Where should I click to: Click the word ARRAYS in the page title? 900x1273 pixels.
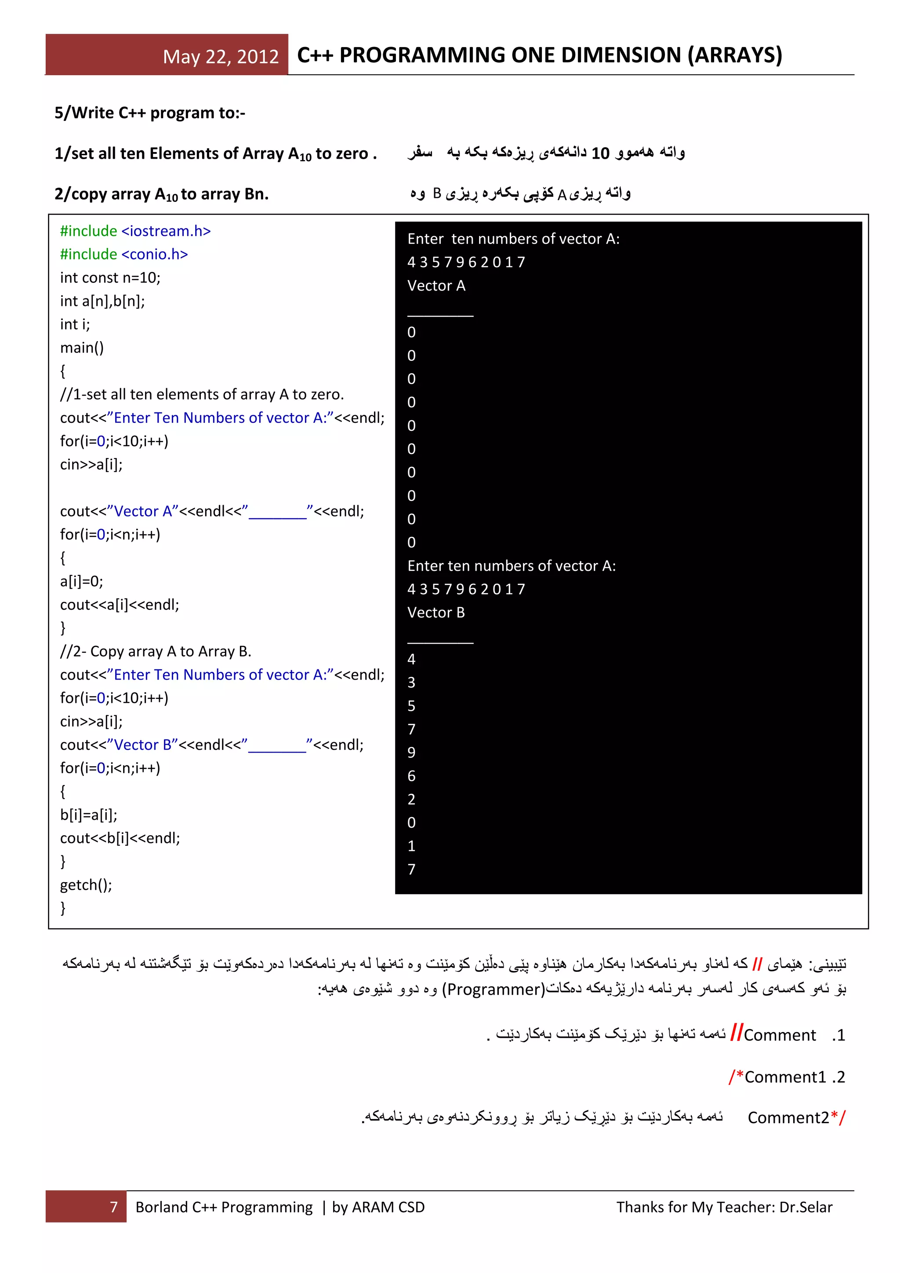pos(734,55)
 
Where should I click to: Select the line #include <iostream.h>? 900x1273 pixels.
pos(135,231)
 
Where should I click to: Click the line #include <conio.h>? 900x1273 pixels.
pos(123,255)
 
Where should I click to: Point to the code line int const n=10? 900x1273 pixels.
pos(110,278)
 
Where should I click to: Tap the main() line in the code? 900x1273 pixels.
pos(81,348)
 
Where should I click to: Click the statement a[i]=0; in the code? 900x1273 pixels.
pos(81,582)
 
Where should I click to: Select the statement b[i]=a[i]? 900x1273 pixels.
pos(89,815)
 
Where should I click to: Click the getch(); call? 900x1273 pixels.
pos(86,885)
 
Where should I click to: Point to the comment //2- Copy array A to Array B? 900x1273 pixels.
pos(155,651)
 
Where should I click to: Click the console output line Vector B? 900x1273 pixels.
pos(436,613)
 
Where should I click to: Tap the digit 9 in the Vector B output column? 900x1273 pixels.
pos(411,753)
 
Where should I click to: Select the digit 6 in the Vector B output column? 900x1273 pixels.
pos(411,776)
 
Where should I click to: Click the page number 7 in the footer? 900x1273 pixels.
pos(114,1207)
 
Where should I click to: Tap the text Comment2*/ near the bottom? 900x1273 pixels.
pos(795,1118)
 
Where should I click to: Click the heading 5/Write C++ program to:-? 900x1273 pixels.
pos(149,113)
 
